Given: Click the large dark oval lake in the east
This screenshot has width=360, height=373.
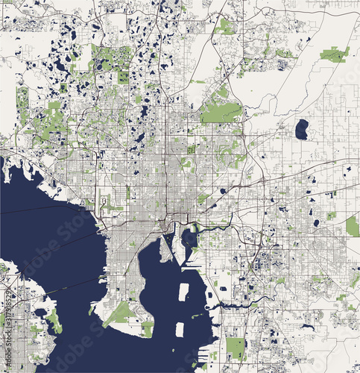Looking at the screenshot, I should (301, 129).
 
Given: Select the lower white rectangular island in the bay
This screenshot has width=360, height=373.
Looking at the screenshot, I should (179, 328).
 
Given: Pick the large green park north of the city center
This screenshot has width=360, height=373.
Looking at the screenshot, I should (221, 112).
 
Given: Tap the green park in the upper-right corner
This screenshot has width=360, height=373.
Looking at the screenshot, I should (335, 54).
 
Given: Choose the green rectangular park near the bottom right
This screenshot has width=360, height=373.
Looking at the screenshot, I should (236, 348).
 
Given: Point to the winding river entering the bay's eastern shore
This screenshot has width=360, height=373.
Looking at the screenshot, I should (239, 304).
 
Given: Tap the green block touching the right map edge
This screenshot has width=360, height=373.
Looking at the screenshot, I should (353, 226).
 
